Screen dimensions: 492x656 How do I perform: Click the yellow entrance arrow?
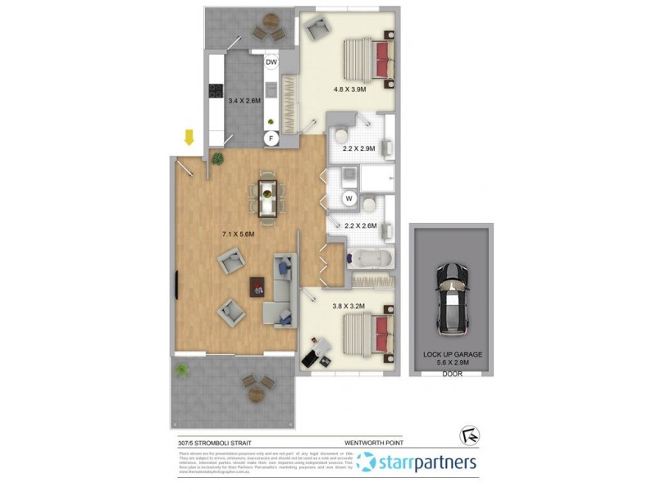point(189,137)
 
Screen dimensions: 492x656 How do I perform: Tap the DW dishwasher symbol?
point(271,62)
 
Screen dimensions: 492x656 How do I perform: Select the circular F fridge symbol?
point(271,139)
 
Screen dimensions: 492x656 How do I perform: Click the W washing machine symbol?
point(348,198)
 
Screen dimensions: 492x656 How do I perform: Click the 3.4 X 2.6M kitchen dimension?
point(243,101)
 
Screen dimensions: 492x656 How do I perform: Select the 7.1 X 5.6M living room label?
point(239,234)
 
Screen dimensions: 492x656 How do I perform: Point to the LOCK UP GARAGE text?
point(453,354)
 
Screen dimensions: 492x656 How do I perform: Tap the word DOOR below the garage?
point(453,373)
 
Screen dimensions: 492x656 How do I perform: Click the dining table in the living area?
point(268,198)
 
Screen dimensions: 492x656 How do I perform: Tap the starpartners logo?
point(417,462)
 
